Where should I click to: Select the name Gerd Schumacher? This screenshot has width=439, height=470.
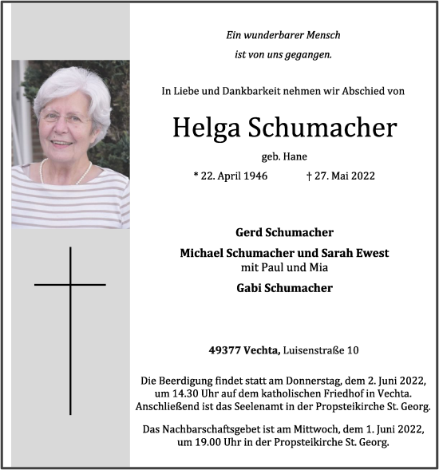click(x=283, y=232)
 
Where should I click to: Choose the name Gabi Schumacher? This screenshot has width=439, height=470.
click(x=283, y=288)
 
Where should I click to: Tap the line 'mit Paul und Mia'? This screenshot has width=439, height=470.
click(x=283, y=268)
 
